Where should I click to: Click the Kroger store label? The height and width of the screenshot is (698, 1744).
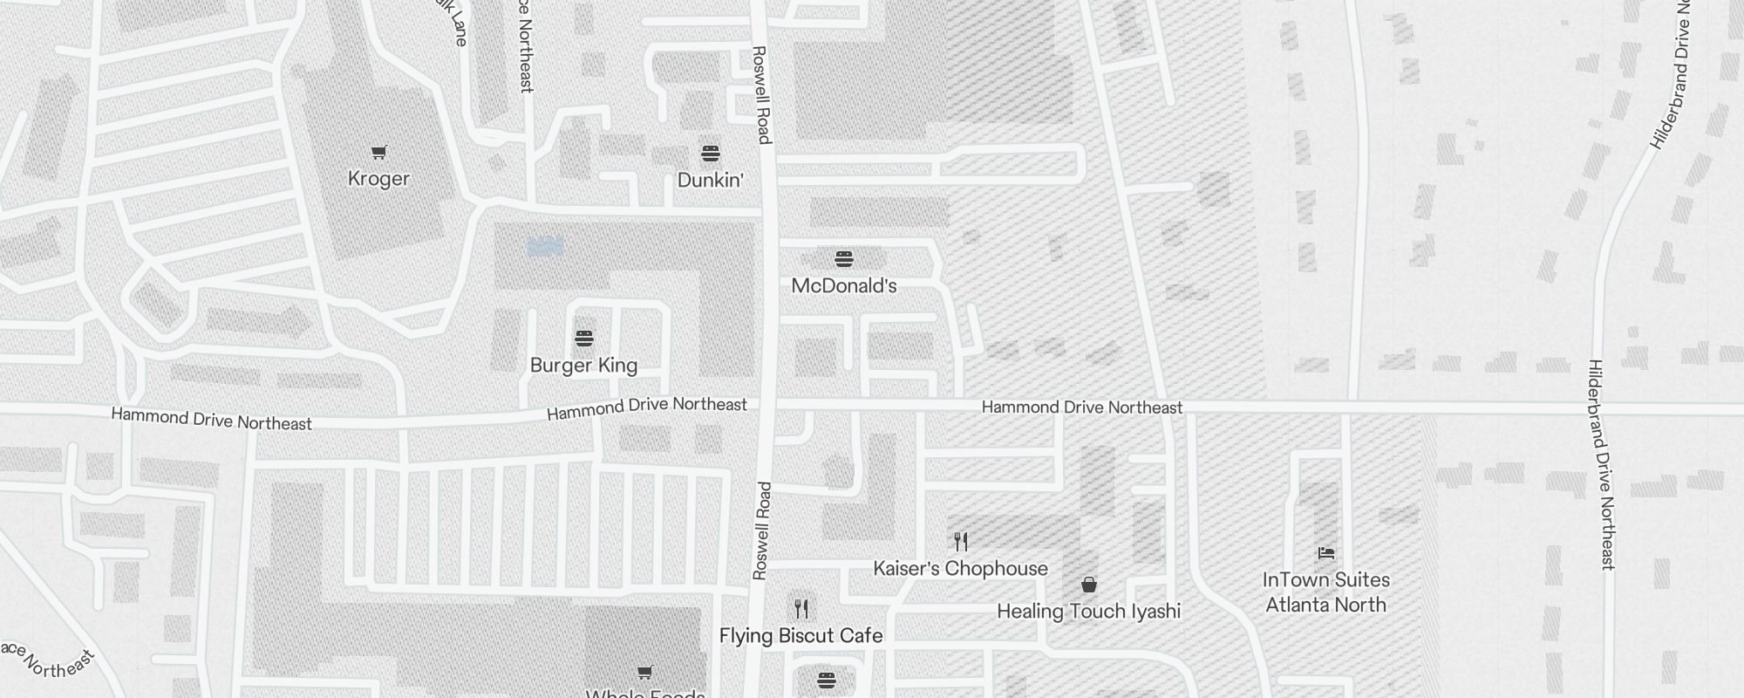[378, 179]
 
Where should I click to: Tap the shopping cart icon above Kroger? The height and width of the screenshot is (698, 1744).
[378, 153]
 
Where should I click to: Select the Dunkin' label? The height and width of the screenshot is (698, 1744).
[711, 181]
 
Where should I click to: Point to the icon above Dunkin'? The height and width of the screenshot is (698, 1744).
[711, 154]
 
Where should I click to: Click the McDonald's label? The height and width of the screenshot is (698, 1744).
[843, 286]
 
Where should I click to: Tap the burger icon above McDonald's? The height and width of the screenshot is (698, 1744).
[843, 259]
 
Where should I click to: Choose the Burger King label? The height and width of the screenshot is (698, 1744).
[583, 366]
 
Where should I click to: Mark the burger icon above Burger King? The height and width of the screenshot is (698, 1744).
[583, 339]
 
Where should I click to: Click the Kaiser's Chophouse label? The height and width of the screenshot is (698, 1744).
[960, 569]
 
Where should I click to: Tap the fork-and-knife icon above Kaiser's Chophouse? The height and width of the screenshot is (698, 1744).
[961, 542]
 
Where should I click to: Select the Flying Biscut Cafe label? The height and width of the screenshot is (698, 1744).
[800, 636]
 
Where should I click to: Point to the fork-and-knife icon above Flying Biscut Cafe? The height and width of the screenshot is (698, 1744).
[801, 608]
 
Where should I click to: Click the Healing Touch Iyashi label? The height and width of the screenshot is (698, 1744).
[1088, 612]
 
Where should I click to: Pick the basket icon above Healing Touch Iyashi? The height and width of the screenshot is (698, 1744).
[1088, 585]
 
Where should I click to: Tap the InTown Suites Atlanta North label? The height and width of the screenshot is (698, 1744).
[1325, 592]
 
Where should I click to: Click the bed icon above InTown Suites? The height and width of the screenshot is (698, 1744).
[1325, 553]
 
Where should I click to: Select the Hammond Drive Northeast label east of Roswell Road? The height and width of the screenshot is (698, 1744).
[1081, 407]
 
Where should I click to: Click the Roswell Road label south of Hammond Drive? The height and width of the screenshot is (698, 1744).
[761, 530]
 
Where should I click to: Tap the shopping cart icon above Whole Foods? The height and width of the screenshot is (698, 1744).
[644, 673]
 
